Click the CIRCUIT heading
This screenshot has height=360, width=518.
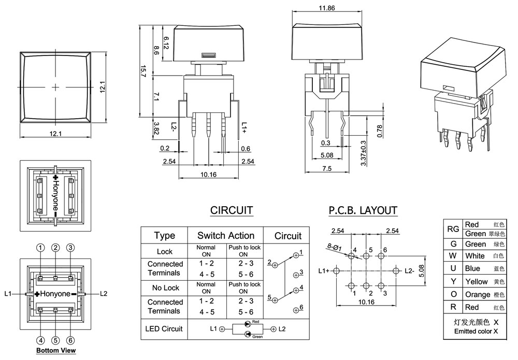[x=232, y=210]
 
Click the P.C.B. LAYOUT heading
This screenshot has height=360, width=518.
[x=363, y=210]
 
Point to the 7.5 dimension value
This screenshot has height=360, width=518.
[x=326, y=169]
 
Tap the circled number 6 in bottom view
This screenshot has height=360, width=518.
[x=71, y=340]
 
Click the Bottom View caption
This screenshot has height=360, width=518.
[x=55, y=351]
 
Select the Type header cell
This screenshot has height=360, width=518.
[x=165, y=236]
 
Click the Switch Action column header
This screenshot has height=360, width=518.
[x=226, y=236]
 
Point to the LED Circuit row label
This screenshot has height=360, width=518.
[x=165, y=328]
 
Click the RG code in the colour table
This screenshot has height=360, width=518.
[x=453, y=229]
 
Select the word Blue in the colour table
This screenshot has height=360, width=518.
[x=473, y=269]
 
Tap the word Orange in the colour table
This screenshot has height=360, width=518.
[x=477, y=295]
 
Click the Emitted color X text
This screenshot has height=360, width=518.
[x=476, y=331]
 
